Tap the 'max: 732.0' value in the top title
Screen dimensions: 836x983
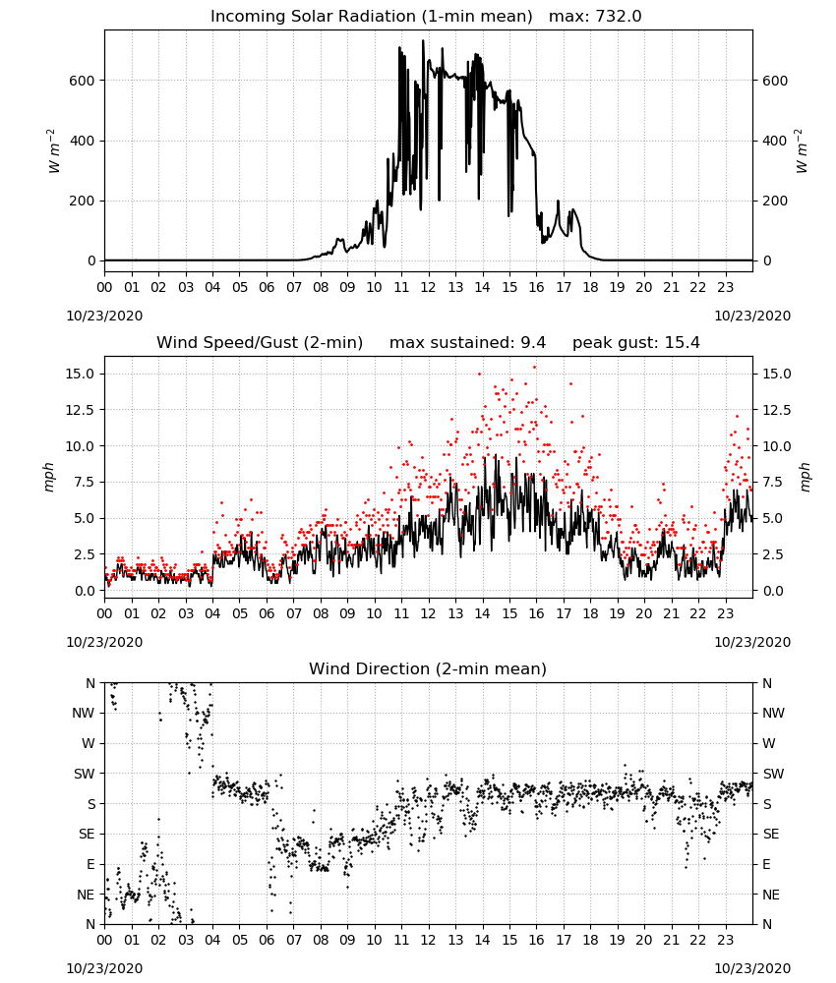pyautogui.click(x=595, y=17)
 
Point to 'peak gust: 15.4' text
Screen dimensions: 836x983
pyautogui.click(x=636, y=343)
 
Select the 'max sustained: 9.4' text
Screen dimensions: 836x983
pyautogui.click(x=467, y=343)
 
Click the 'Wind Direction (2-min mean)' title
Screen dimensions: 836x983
pyautogui.click(x=428, y=668)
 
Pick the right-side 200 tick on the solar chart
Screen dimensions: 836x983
pyautogui.click(x=775, y=202)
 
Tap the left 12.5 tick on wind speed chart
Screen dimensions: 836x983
pyautogui.click(x=81, y=410)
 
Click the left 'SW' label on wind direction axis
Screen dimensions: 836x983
pyautogui.click(x=85, y=774)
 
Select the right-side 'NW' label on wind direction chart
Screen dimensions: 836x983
pyautogui.click(x=773, y=713)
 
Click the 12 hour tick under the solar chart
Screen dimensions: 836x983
pyautogui.click(x=429, y=288)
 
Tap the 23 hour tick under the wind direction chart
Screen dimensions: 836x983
pyautogui.click(x=726, y=941)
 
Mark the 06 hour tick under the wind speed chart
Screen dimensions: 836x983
pyautogui.click(x=267, y=613)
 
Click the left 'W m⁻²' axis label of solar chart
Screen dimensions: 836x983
pyautogui.click(x=53, y=151)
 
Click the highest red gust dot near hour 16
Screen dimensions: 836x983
pyautogui.click(x=534, y=368)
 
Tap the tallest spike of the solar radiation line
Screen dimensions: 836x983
pyautogui.click(x=423, y=41)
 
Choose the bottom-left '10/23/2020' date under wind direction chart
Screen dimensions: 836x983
pyautogui.click(x=104, y=968)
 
